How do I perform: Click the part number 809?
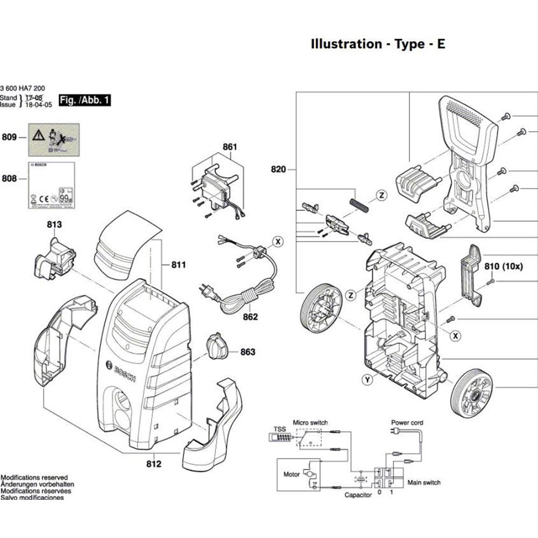click(9, 138)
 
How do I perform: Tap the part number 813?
click(54, 224)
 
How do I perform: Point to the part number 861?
click(230, 147)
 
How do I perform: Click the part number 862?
click(250, 317)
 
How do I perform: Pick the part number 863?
click(247, 352)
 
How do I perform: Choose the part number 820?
click(279, 170)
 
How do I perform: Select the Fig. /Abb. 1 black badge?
click(84, 100)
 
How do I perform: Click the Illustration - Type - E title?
click(378, 44)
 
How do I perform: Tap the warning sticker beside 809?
click(54, 137)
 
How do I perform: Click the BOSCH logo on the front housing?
click(124, 372)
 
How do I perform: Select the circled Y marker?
click(367, 380)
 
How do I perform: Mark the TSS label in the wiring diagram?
click(280, 429)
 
